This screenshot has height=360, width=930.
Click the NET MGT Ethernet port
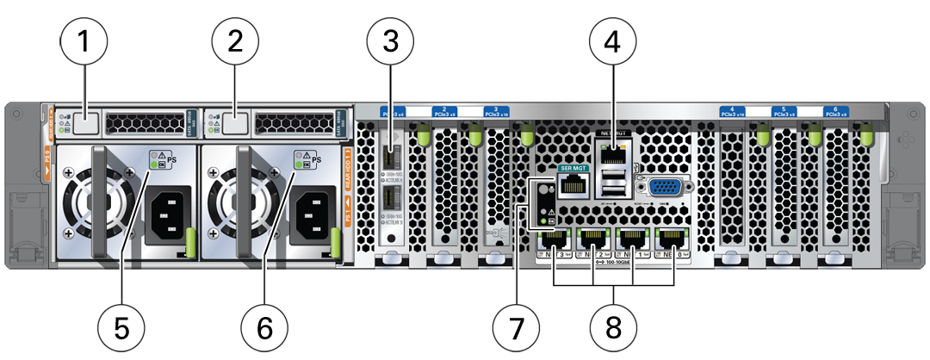point(612,152)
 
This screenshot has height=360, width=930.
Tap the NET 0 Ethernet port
point(673,240)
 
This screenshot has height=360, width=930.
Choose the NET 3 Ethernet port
point(554,240)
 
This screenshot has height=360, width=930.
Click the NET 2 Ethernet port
point(593,240)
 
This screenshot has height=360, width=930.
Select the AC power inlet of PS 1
point(309,216)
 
